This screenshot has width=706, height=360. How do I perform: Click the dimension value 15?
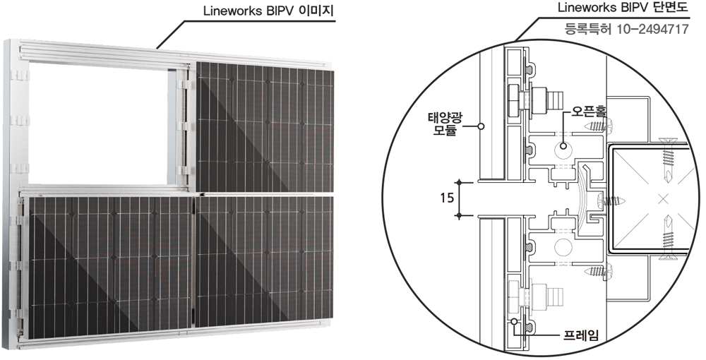(x=444, y=198)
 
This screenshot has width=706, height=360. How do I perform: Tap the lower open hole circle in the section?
(x=563, y=248)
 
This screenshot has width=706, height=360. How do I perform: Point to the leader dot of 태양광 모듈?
(x=479, y=127)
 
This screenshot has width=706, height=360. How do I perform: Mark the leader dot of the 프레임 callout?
(x=515, y=321)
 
